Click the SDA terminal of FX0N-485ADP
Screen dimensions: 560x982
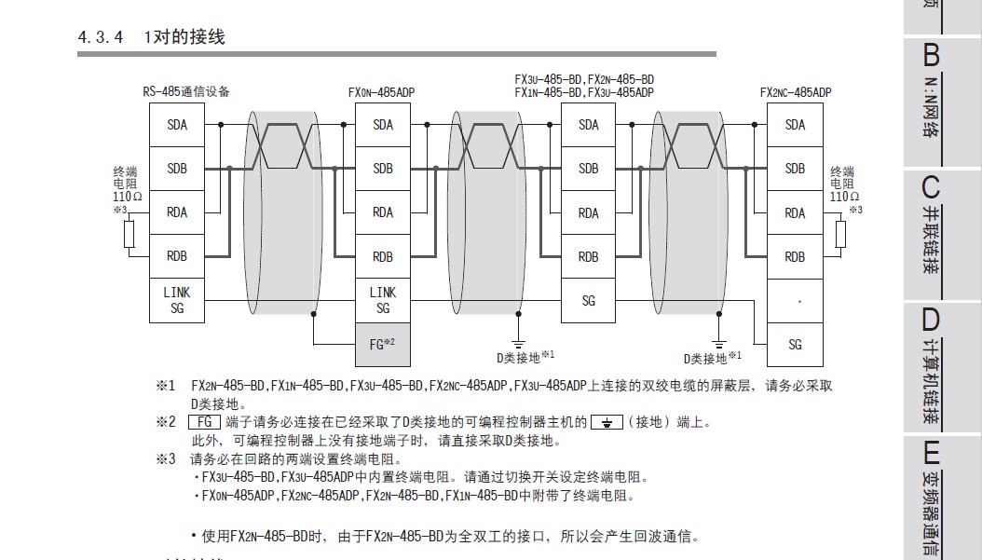(x=383, y=125)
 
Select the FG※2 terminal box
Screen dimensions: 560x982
(x=383, y=343)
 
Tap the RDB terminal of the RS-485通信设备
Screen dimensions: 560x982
(x=177, y=256)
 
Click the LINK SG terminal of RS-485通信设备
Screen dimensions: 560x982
(x=177, y=300)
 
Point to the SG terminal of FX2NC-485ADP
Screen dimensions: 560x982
(x=795, y=344)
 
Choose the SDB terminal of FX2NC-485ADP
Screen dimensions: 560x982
(x=795, y=169)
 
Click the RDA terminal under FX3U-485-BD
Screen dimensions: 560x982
(x=589, y=212)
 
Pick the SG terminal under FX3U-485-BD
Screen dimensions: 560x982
(x=589, y=300)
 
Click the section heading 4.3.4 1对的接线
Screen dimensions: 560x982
(x=151, y=38)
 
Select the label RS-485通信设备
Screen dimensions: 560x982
(x=186, y=91)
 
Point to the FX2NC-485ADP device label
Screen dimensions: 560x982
(x=795, y=92)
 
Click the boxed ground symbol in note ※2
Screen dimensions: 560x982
(x=607, y=422)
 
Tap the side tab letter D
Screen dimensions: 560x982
(x=931, y=320)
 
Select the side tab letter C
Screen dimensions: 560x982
(x=931, y=186)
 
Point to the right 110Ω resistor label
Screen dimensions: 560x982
(x=843, y=197)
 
